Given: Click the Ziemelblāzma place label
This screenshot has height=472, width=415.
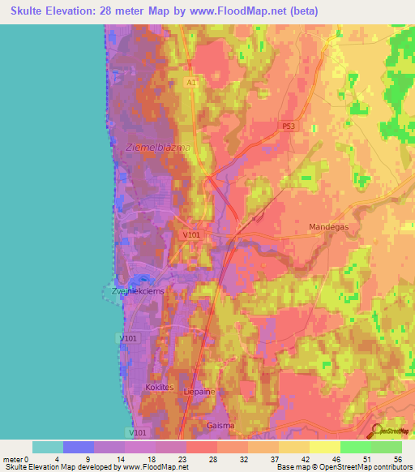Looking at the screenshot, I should click(159, 147).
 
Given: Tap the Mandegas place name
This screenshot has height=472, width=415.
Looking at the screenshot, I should click(329, 227).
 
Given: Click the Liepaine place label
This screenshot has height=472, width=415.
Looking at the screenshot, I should click(199, 391).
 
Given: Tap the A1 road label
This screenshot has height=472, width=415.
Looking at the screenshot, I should click(190, 83).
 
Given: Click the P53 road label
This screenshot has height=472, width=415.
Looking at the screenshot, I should click(289, 126).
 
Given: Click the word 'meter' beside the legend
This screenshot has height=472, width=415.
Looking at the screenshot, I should click(11, 460).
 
